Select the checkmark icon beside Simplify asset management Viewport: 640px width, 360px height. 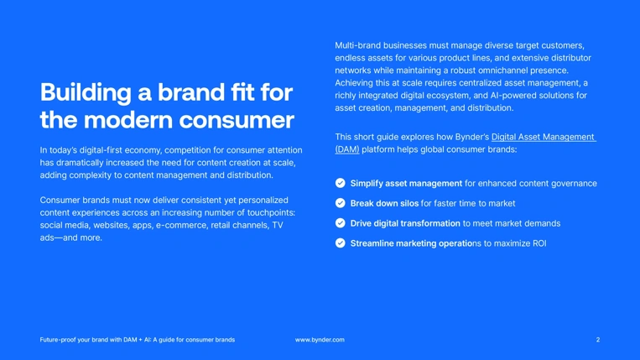340,183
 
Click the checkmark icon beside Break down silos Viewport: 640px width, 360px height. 340,203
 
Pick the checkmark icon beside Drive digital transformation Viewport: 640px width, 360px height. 340,223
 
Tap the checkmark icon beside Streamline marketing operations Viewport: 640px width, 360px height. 340,243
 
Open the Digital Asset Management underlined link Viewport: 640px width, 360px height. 543,137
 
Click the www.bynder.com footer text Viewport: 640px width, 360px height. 320,340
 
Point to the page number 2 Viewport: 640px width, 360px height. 598,340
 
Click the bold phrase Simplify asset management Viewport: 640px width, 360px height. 406,183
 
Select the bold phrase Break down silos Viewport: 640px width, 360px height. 384,203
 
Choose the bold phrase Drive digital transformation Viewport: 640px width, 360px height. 405,223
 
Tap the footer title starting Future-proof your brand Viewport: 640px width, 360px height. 138,340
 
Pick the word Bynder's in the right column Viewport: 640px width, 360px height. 470,137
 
